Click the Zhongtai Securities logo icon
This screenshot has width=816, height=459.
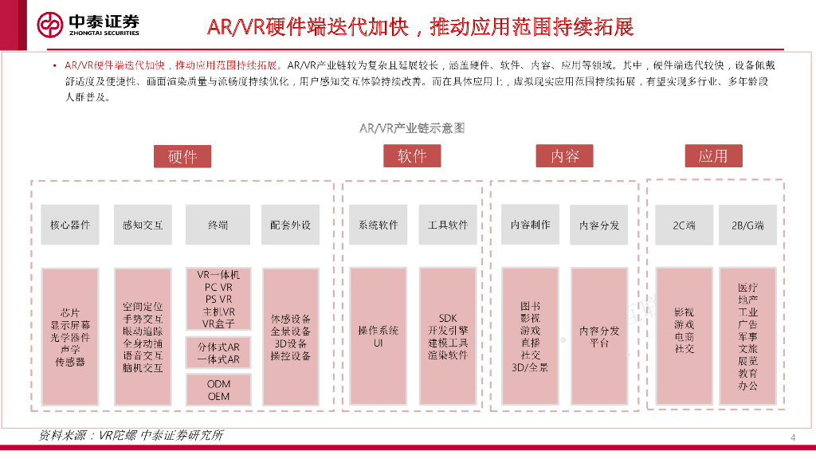tap(51, 25)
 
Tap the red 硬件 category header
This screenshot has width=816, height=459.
tap(182, 156)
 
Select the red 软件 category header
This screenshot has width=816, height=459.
tap(412, 156)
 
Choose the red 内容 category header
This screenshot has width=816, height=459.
tap(564, 156)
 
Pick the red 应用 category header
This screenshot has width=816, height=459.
tap(713, 156)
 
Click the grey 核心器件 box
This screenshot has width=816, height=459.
tap(70, 225)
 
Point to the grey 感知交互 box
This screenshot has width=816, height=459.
tap(143, 225)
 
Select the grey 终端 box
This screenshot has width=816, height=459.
tap(218, 225)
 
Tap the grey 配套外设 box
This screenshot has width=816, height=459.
tap(291, 225)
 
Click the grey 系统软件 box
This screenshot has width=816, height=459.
tap(378, 225)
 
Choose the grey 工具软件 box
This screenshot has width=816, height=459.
tap(448, 225)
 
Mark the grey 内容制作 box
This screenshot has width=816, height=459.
tap(530, 225)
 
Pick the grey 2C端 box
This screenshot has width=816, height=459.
tap(684, 225)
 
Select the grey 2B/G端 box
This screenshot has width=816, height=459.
tap(747, 225)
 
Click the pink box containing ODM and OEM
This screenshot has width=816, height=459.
tap(218, 390)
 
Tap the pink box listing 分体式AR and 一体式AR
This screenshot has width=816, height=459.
tap(218, 354)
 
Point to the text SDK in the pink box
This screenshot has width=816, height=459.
tap(448, 319)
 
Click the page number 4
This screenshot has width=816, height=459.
tap(793, 437)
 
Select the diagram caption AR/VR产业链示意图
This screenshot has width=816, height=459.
tap(412, 127)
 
